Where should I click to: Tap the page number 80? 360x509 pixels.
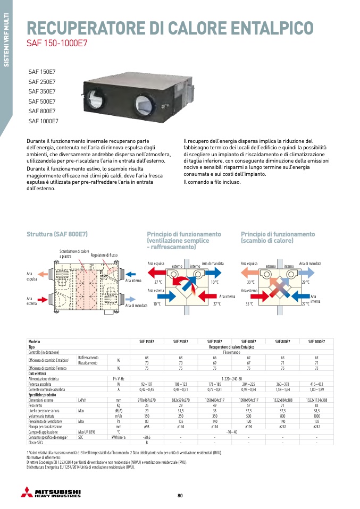pos(180,496)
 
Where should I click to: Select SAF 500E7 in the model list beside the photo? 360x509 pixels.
pos(42,101)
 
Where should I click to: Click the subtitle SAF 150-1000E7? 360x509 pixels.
pos(57,44)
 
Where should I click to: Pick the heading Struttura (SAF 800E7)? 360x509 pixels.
pos(57,234)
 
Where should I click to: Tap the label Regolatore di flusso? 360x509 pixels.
pos(104,255)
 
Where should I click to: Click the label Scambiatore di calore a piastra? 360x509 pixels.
pos(74,253)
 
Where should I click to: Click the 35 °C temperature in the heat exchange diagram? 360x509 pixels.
pos(250,304)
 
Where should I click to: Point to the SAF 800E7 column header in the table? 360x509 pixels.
pos(282,342)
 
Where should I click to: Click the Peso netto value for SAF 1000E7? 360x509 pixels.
pos(316,405)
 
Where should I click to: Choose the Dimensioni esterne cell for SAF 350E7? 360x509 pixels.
pos(214,400)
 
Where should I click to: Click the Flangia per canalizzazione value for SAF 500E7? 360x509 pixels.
pos(248,427)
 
